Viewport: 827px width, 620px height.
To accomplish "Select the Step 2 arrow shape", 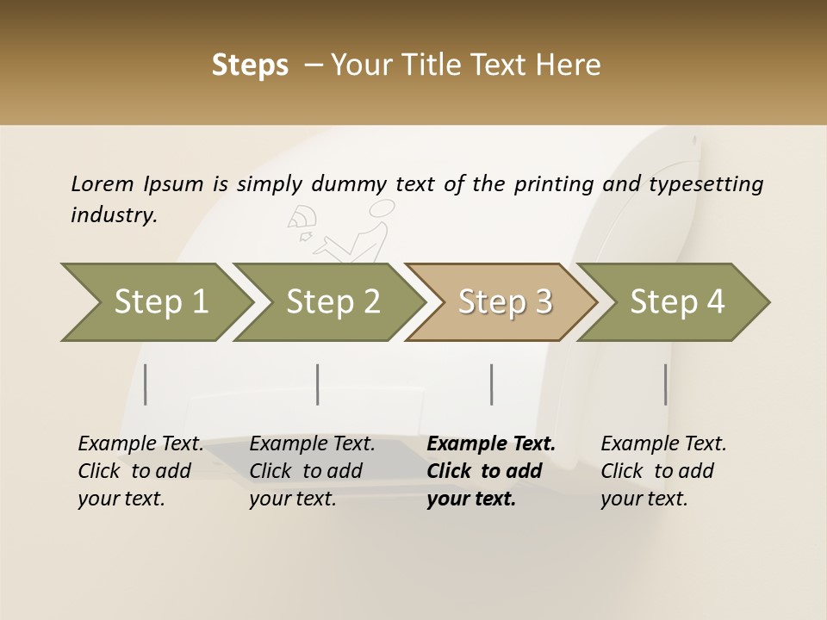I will (x=332, y=302).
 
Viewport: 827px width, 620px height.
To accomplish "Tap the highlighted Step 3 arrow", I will (x=504, y=302).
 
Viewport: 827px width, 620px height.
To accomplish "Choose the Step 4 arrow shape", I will (x=676, y=302).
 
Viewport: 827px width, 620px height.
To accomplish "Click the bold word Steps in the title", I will (x=250, y=65).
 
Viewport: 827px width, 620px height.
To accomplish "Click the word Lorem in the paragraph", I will (x=102, y=184).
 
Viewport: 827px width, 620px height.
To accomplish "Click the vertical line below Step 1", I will (x=146, y=384).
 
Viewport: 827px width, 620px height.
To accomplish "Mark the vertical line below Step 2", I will (x=318, y=384).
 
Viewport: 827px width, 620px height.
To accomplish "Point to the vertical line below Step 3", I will (x=491, y=384).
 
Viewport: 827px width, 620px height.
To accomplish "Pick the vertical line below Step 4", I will (x=666, y=384).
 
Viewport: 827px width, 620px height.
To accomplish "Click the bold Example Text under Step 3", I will (x=491, y=444).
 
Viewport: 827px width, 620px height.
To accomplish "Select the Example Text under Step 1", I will (x=140, y=444).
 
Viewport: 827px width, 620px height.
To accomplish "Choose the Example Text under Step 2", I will (x=312, y=444).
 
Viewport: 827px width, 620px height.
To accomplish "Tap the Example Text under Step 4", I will (x=663, y=444).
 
